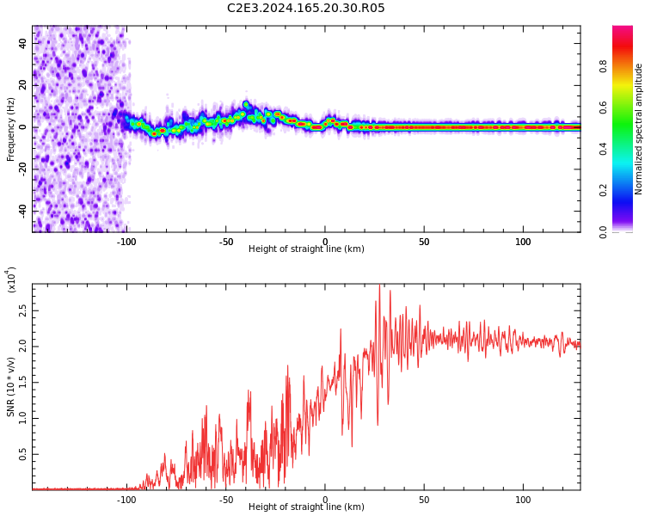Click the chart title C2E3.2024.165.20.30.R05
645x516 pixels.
306,9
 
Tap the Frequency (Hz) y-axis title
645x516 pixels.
11,129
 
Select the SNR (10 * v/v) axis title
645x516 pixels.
11,386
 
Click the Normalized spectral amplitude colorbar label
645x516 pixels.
639,129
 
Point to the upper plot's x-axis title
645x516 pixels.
306,249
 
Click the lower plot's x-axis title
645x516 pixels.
306,507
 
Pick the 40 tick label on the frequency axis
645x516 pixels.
22,43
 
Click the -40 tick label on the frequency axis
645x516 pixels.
22,209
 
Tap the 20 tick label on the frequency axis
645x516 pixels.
22,85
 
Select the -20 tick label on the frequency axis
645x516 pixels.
22,168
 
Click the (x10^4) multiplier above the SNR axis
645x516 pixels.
12,280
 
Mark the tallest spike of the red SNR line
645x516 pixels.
379,287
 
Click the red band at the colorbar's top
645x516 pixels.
623,33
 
